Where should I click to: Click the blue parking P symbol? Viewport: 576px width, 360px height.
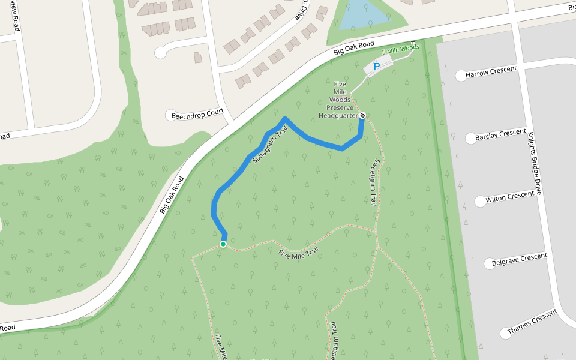[377, 67]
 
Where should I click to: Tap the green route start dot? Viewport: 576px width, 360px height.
[223, 244]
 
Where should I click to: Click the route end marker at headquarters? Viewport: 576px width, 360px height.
[362, 115]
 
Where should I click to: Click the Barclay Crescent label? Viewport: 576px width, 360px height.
[500, 135]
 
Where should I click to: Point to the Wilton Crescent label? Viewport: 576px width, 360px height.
[509, 197]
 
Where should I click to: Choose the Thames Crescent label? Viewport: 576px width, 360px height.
[532, 322]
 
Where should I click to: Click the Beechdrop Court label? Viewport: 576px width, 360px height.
[197, 113]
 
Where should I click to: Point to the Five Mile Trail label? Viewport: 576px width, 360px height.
[298, 251]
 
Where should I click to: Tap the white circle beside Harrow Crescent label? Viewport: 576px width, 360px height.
[461, 76]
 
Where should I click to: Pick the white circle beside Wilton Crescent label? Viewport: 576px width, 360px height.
[480, 202]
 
